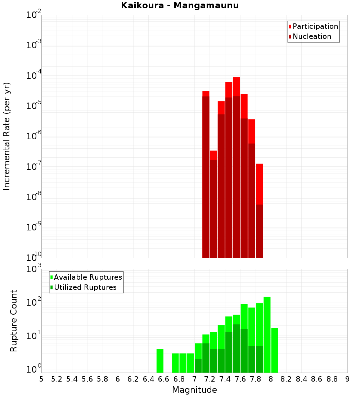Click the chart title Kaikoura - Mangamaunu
tap(180, 5)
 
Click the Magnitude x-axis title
tap(194, 390)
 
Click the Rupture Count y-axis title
tap(14, 321)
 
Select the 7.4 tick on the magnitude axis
tap(225, 379)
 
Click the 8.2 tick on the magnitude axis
tap(286, 379)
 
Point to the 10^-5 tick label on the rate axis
tap(34, 106)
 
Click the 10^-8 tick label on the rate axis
tap(34, 197)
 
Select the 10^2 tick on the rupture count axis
tap(35, 302)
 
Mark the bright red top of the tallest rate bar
tap(237, 86)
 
